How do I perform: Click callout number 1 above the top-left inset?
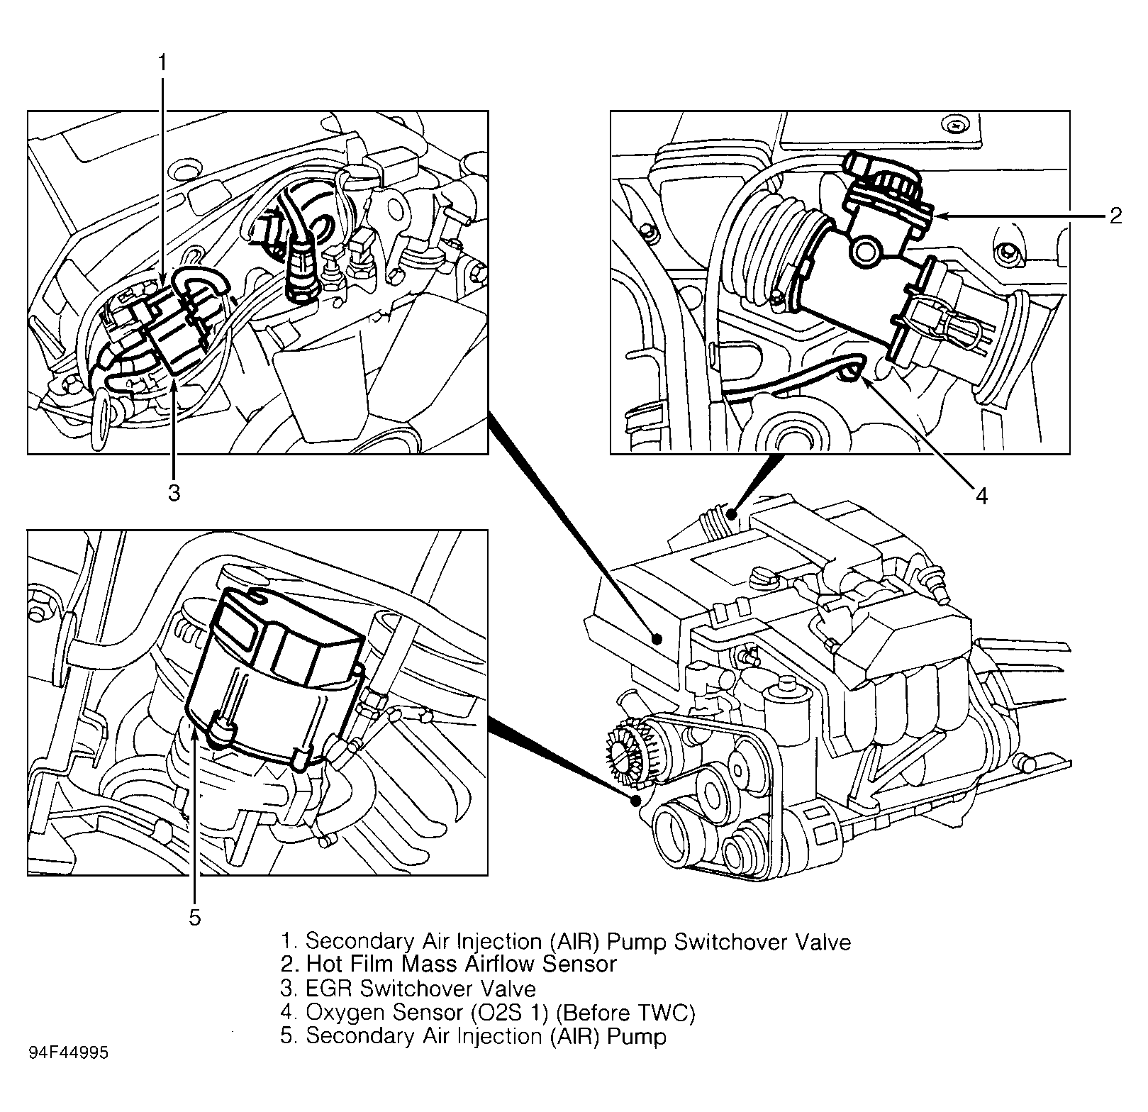click(162, 63)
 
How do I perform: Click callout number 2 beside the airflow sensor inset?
click(1115, 216)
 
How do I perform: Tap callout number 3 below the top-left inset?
click(174, 492)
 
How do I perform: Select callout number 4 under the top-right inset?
click(981, 496)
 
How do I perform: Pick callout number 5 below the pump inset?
click(195, 918)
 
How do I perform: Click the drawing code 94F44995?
click(69, 1053)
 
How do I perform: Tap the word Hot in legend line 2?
click(323, 964)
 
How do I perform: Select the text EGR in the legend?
click(330, 988)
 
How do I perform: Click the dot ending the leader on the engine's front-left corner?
click(637, 800)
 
